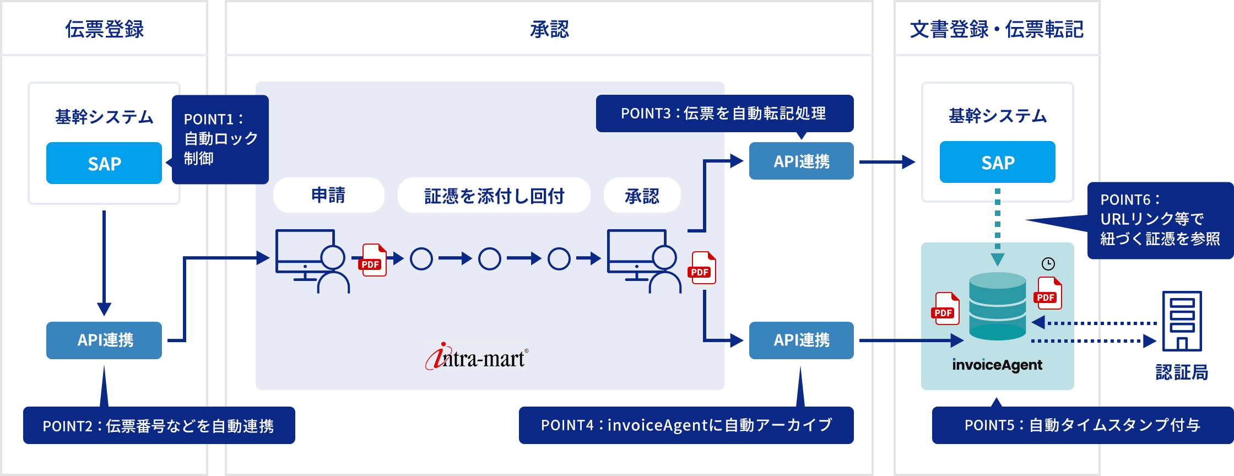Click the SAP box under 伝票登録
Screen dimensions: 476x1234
click(104, 163)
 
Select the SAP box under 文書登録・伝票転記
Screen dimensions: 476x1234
click(997, 162)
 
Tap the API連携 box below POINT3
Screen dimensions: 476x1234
click(801, 161)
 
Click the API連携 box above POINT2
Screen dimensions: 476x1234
click(104, 340)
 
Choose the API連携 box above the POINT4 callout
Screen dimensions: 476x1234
click(801, 340)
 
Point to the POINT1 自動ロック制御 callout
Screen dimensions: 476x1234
click(220, 139)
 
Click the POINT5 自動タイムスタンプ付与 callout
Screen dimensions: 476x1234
click(1082, 425)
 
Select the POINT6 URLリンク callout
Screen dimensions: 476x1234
click(1160, 220)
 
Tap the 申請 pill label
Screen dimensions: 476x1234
click(328, 195)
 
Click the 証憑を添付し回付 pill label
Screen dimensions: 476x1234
click(494, 195)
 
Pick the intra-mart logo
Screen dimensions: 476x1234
click(477, 357)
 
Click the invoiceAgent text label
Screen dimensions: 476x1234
click(997, 365)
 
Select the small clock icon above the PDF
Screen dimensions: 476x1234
click(1048, 264)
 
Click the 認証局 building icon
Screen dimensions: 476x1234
click(1182, 321)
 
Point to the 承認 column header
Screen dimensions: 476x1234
click(549, 29)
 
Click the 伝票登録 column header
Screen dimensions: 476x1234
click(104, 29)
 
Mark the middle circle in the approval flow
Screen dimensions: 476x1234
click(489, 258)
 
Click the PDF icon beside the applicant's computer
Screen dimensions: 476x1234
click(374, 259)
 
